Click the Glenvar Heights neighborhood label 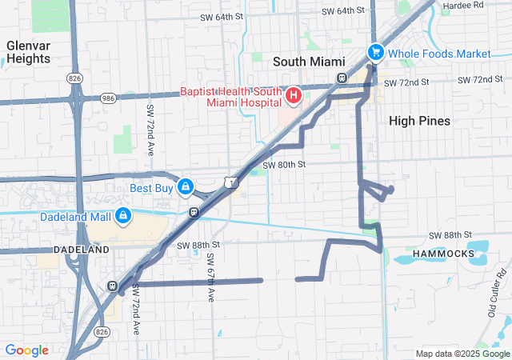pos(28,52)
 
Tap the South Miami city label pos(309,62)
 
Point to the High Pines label pos(419,121)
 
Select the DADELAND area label pos(81,250)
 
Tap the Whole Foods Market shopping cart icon pos(374,52)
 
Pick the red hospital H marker pos(293,97)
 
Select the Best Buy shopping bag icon pos(185,187)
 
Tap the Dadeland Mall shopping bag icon pos(123,215)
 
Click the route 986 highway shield pos(109,98)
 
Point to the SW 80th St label pos(287,164)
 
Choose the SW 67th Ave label pos(210,278)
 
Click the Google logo pos(26,350)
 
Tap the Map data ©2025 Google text pos(462,354)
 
